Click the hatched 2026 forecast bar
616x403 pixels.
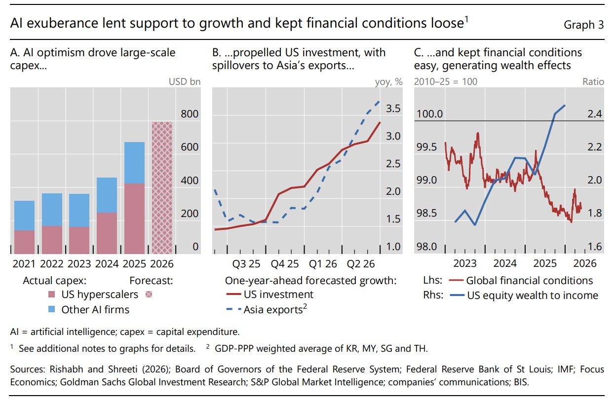[162, 187]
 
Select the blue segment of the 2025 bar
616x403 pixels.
[134, 163]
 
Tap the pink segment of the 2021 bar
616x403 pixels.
[25, 242]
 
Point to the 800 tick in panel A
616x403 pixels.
[190, 114]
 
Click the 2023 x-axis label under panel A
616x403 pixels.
[79, 264]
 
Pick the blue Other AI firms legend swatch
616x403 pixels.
[51, 309]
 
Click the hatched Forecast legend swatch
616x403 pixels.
[149, 294]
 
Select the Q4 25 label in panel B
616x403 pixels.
[285, 264]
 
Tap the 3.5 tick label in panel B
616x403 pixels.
[393, 109]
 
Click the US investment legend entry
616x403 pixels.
[269, 294]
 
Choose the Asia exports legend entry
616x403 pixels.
[266, 309]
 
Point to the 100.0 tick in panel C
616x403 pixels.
[429, 114]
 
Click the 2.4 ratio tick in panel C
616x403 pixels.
[595, 114]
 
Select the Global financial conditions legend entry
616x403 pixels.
[521, 280]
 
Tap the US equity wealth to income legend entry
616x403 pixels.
[524, 295]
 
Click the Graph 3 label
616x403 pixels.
[583, 25]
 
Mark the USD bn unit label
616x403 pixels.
[185, 82]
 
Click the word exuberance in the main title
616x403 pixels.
[62, 23]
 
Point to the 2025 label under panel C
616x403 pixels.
[545, 263]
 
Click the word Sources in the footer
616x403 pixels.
[28, 369]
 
